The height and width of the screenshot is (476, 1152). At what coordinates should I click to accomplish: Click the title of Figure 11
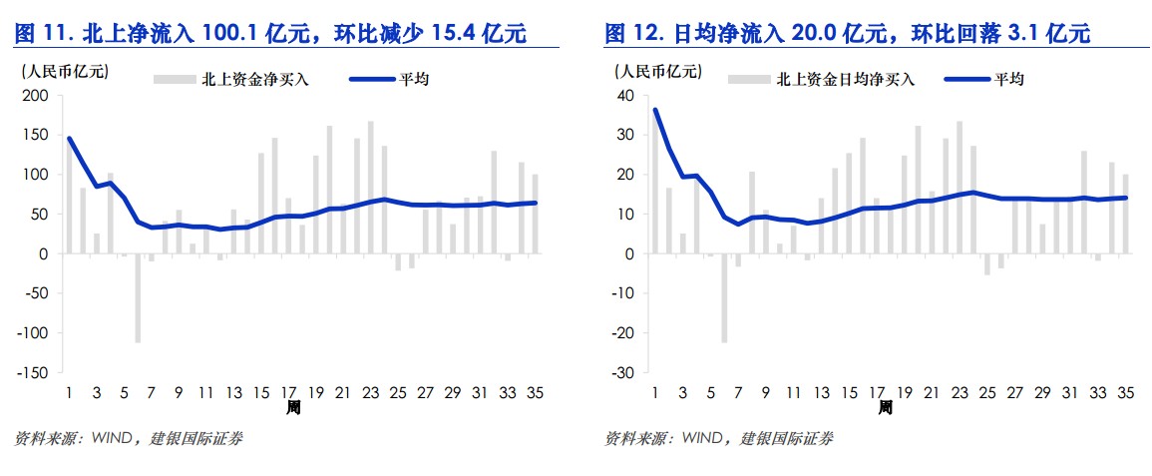pos(270,34)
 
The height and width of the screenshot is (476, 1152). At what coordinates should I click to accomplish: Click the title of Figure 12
pos(847,34)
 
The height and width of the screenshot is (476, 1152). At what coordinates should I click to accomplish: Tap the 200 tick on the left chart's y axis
pos(35,96)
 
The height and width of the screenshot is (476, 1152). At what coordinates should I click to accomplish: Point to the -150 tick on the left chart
pos(32,372)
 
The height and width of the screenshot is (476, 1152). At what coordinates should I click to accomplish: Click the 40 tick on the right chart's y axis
pos(626,96)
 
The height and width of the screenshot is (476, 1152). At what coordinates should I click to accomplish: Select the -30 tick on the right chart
pos(624,372)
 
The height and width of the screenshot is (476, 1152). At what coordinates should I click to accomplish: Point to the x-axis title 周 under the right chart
pos(885,407)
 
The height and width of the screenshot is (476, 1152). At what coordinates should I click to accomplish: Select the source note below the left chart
pos(130,437)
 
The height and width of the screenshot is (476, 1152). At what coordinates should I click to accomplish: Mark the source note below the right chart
pos(719,437)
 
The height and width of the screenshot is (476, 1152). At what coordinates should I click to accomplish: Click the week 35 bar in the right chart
pos(1126,214)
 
